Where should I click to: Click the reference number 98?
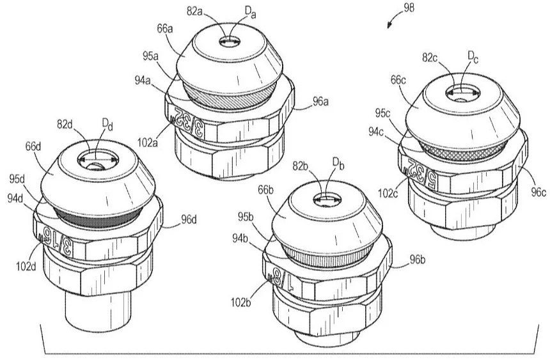(x=409, y=8)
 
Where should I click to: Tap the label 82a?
(x=194, y=12)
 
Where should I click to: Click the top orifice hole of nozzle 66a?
(x=230, y=42)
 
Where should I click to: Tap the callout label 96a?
(x=320, y=102)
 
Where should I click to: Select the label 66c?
(x=398, y=81)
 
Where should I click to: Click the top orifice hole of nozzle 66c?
(x=462, y=93)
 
